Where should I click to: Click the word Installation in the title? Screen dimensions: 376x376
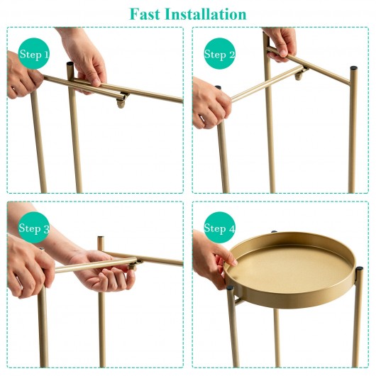[206, 14]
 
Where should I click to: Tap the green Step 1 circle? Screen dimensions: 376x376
[34, 53]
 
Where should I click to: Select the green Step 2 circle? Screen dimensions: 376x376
[219, 53]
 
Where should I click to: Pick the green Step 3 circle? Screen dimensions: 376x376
[34, 227]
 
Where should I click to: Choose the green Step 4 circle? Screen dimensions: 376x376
[219, 227]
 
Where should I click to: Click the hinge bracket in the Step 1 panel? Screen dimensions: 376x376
[122, 100]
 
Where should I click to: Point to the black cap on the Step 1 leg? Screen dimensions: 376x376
[70, 65]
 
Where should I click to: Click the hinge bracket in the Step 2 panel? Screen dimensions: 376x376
[301, 74]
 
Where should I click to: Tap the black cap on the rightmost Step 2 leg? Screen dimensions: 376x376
[353, 68]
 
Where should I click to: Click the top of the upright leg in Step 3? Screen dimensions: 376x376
[101, 238]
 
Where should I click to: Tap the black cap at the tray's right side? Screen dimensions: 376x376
[359, 268]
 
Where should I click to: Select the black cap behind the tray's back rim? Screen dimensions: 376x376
[274, 231]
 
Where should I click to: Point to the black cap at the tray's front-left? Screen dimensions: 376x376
[231, 288]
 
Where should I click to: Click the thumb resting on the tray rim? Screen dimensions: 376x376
[230, 259]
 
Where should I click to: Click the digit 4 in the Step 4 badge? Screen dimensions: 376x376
[232, 228]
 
